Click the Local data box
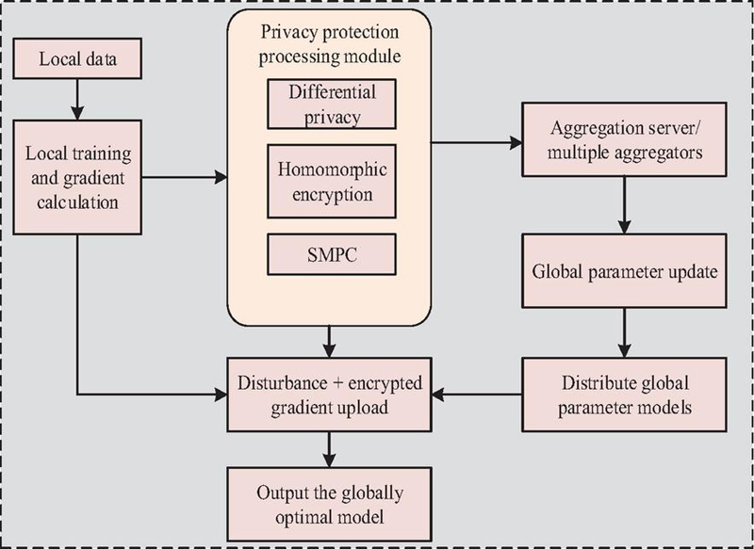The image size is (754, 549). [x=77, y=61]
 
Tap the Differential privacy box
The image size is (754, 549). [x=327, y=103]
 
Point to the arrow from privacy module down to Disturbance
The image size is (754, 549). [x=327, y=336]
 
